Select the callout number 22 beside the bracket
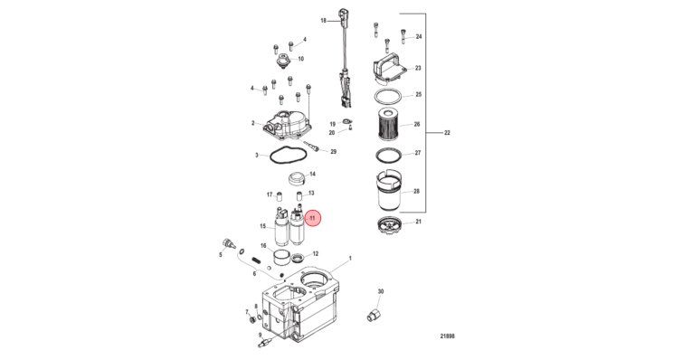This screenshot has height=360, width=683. (447, 133)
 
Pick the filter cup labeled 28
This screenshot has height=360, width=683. (388, 190)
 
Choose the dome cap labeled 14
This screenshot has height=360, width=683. (299, 177)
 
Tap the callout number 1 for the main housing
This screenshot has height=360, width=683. (350, 258)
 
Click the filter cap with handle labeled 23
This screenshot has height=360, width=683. (389, 69)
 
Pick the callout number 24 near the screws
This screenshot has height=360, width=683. (419, 37)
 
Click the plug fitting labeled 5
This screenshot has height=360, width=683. (229, 244)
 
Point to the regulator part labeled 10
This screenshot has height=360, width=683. (283, 61)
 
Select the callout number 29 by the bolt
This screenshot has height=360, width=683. (334, 151)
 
